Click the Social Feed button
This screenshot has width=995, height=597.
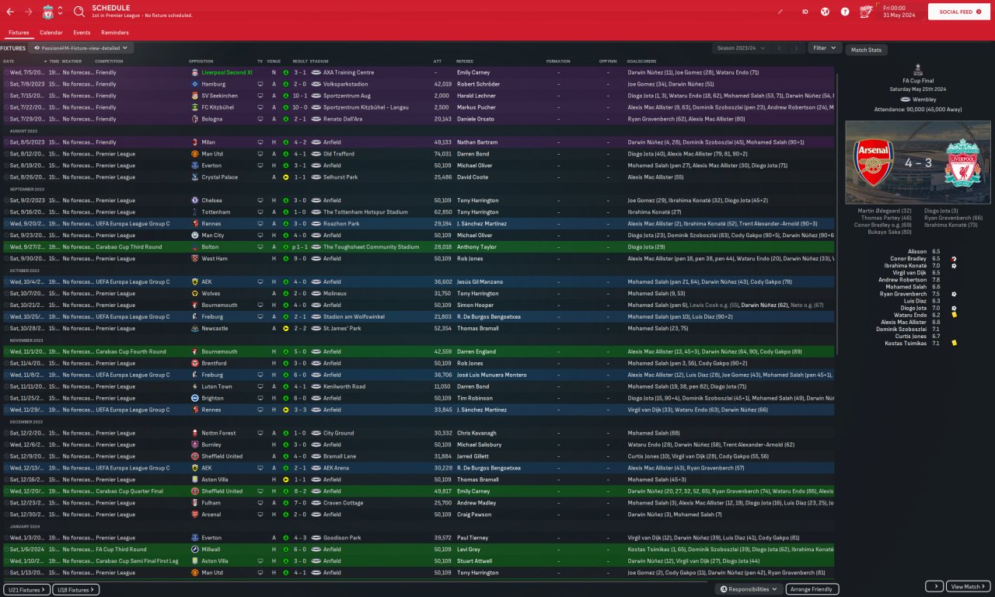958,12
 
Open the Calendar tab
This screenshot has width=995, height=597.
51,33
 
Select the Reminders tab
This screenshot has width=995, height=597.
115,33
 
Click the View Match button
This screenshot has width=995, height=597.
969,586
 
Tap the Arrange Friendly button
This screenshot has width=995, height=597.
812,589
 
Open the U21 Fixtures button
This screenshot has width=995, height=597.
26,589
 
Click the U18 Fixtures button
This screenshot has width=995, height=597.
75,589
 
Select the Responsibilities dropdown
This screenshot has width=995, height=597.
748,589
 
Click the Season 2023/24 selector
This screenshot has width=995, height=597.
741,48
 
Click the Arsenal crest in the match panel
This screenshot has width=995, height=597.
875,162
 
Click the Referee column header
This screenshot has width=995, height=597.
464,61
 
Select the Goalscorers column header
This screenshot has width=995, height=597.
641,61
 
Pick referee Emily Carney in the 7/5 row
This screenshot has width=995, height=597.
473,72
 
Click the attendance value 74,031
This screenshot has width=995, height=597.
442,154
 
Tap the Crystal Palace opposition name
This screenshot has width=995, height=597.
219,177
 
